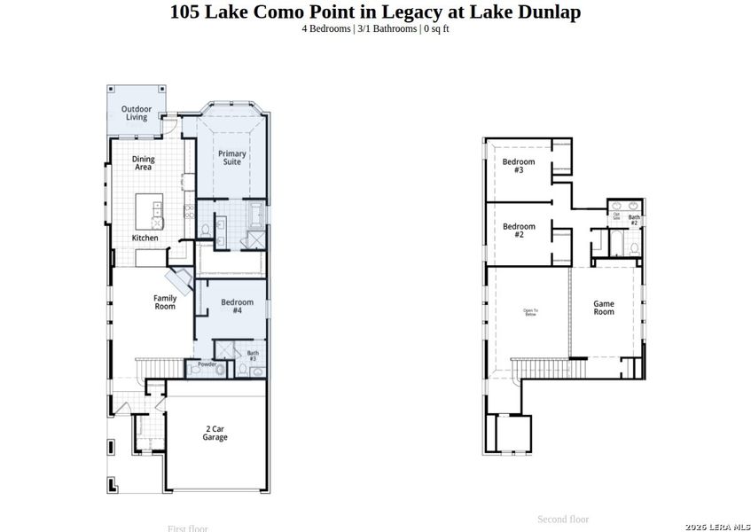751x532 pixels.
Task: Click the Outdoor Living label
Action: coord(136,113)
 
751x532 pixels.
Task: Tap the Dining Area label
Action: coord(143,163)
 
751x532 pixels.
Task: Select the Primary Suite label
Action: coord(232,158)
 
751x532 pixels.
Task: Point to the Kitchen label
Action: coord(145,238)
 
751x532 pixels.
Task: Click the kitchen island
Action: coord(149,212)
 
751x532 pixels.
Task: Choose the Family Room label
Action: coord(165,302)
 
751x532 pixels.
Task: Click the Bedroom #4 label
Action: coord(237,307)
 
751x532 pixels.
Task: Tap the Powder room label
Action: coord(207,364)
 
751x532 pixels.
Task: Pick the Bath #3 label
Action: coord(253,356)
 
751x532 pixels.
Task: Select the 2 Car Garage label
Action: coord(215,433)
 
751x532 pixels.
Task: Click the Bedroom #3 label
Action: coord(519,165)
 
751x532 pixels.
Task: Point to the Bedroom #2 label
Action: coord(519,231)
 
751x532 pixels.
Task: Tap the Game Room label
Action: coord(604,308)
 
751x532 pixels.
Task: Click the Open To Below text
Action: coord(531,311)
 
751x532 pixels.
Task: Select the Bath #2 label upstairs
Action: coord(634,219)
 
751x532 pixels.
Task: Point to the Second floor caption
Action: coord(563,519)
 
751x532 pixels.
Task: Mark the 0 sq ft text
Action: coord(436,28)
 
